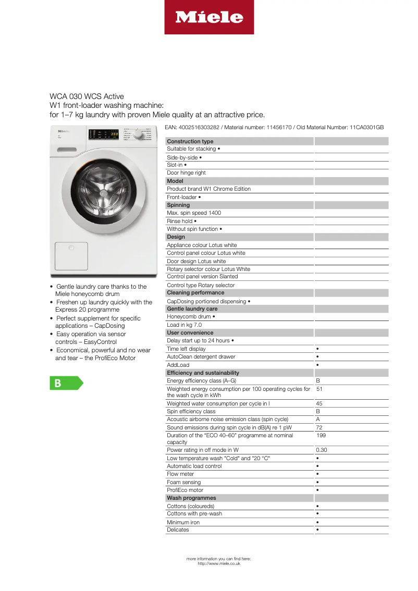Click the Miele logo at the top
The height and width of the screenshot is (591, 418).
209,17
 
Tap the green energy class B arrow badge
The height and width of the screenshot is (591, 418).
66,383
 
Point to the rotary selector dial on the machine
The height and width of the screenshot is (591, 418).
138,134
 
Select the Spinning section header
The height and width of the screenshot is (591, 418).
178,205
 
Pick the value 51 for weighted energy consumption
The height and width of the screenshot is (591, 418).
319,389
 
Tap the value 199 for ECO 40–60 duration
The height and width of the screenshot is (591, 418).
321,435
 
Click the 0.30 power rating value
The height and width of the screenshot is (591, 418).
322,450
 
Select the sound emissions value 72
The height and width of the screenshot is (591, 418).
319,427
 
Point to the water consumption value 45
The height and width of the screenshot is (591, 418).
319,403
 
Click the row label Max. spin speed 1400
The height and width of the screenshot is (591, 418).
194,213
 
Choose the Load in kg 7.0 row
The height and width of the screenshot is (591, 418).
184,325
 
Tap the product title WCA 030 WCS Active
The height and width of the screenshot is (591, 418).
87,96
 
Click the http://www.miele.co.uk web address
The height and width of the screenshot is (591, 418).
219,563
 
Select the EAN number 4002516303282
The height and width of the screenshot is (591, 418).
201,127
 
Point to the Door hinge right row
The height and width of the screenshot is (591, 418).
186,173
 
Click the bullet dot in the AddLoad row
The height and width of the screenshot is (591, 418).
317,365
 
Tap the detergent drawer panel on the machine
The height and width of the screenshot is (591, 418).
71,255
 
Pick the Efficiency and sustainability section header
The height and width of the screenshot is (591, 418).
203,373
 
